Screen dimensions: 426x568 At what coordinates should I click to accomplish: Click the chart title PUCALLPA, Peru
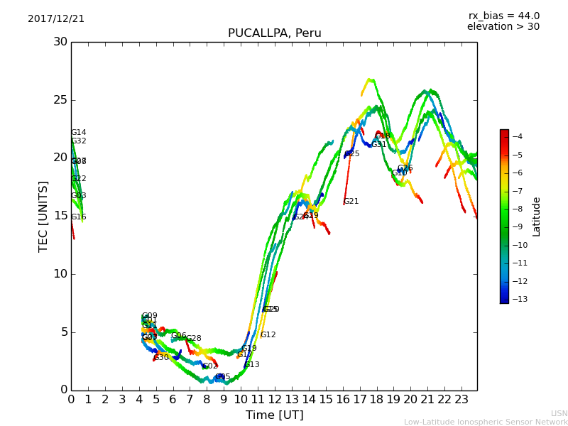click(274, 33)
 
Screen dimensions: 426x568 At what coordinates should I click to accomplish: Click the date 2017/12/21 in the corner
click(56, 19)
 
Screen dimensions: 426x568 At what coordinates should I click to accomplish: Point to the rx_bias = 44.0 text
click(503, 16)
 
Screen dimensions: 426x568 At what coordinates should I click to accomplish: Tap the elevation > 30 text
click(503, 27)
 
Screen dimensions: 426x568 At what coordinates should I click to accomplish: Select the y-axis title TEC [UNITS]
click(43, 216)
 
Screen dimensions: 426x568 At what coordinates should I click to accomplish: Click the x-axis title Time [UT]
click(274, 415)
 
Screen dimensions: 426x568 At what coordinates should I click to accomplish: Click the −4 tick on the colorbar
click(517, 136)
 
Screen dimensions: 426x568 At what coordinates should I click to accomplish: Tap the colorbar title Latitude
click(537, 217)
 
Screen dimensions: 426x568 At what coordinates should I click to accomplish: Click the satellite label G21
click(351, 202)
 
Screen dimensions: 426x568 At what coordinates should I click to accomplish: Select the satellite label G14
click(78, 133)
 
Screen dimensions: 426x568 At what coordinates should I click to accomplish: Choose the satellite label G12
click(268, 335)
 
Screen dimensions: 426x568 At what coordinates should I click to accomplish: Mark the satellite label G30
click(161, 358)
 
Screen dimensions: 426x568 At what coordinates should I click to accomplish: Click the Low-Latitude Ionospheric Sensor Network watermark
click(486, 422)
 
